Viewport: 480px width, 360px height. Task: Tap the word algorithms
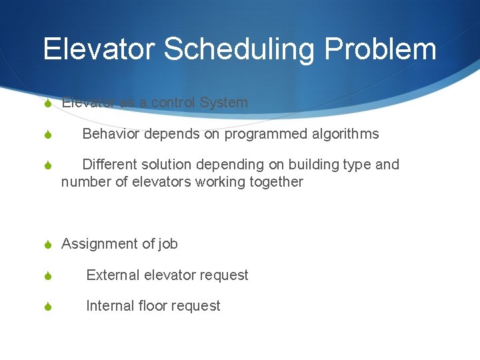pyautogui.click(x=345, y=134)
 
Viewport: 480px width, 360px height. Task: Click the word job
pyautogui.click(x=168, y=244)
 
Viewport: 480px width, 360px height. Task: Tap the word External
pyautogui.click(x=113, y=275)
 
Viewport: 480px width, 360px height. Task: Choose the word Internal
pyautogui.click(x=110, y=306)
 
